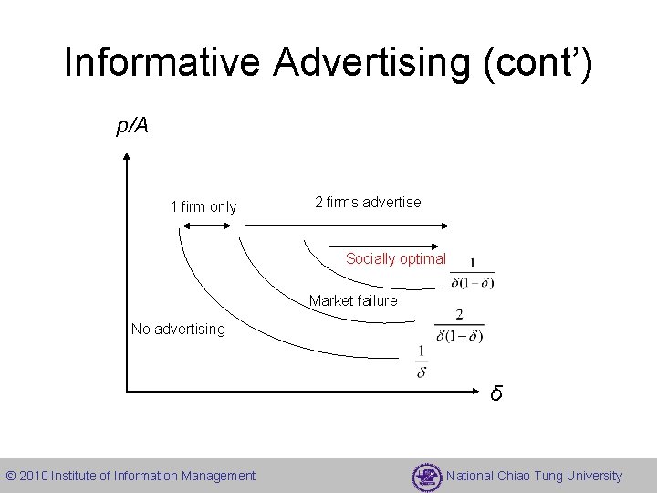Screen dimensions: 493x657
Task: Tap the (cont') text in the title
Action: (544, 63)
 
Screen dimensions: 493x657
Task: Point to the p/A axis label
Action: (132, 126)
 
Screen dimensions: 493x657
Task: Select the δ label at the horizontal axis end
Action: (495, 394)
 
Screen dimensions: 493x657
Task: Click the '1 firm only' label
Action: (203, 207)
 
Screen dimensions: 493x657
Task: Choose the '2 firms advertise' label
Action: (368, 202)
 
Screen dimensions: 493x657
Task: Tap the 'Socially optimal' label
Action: (396, 258)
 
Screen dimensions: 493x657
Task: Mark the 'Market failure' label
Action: (353, 300)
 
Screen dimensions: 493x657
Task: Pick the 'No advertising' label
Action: (178, 328)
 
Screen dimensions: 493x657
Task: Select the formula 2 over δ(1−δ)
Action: (459, 325)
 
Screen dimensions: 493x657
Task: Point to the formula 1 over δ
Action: (421, 362)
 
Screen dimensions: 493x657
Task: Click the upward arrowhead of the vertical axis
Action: (126, 157)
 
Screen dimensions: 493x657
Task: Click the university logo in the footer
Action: (427, 477)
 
